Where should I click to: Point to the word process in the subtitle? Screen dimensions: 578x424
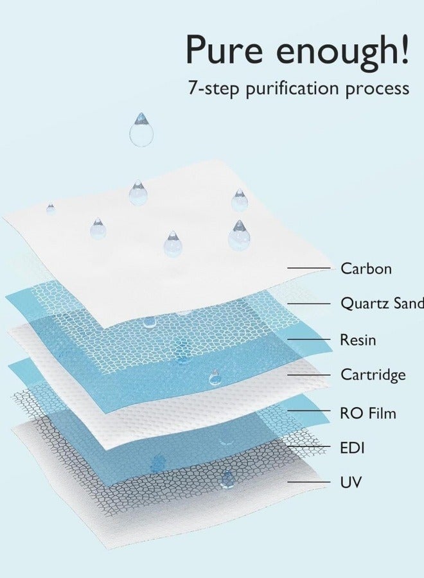pyautogui.click(x=376, y=88)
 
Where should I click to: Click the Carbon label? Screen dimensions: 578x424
pyautogui.click(x=366, y=268)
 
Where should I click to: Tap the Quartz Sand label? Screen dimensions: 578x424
pyautogui.click(x=382, y=304)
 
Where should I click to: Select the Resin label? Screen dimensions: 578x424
pyautogui.click(x=358, y=340)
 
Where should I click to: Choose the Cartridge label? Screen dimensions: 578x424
pyautogui.click(x=373, y=375)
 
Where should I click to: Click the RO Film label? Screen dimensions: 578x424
pyautogui.click(x=367, y=413)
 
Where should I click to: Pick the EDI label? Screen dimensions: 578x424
pyautogui.click(x=352, y=448)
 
